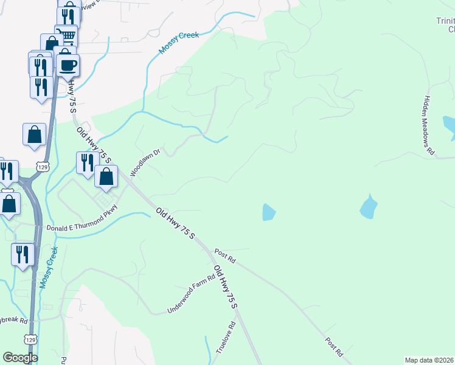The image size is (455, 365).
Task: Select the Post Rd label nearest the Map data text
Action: point(334,347)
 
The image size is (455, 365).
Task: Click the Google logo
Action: point(20,357)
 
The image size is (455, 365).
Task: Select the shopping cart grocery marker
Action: point(66,35)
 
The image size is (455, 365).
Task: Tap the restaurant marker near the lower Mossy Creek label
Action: point(23,254)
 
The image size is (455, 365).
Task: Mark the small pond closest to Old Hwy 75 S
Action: point(268,212)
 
